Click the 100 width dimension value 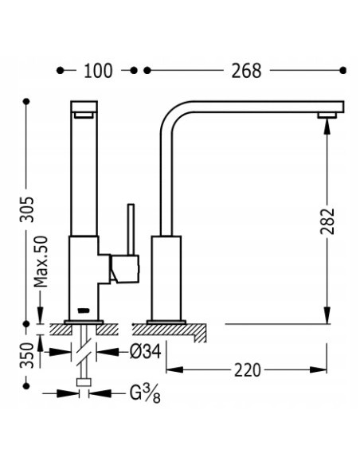pos(98,71)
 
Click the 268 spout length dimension pos(246,71)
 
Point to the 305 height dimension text pos(27,209)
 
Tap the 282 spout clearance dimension pos(327,221)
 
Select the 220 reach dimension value pos(248,370)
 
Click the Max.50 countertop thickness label pos(41,261)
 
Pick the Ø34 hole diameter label pos(145,352)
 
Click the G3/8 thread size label pos(145,394)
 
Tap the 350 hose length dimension pos(27,355)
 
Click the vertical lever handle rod pos(131,229)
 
